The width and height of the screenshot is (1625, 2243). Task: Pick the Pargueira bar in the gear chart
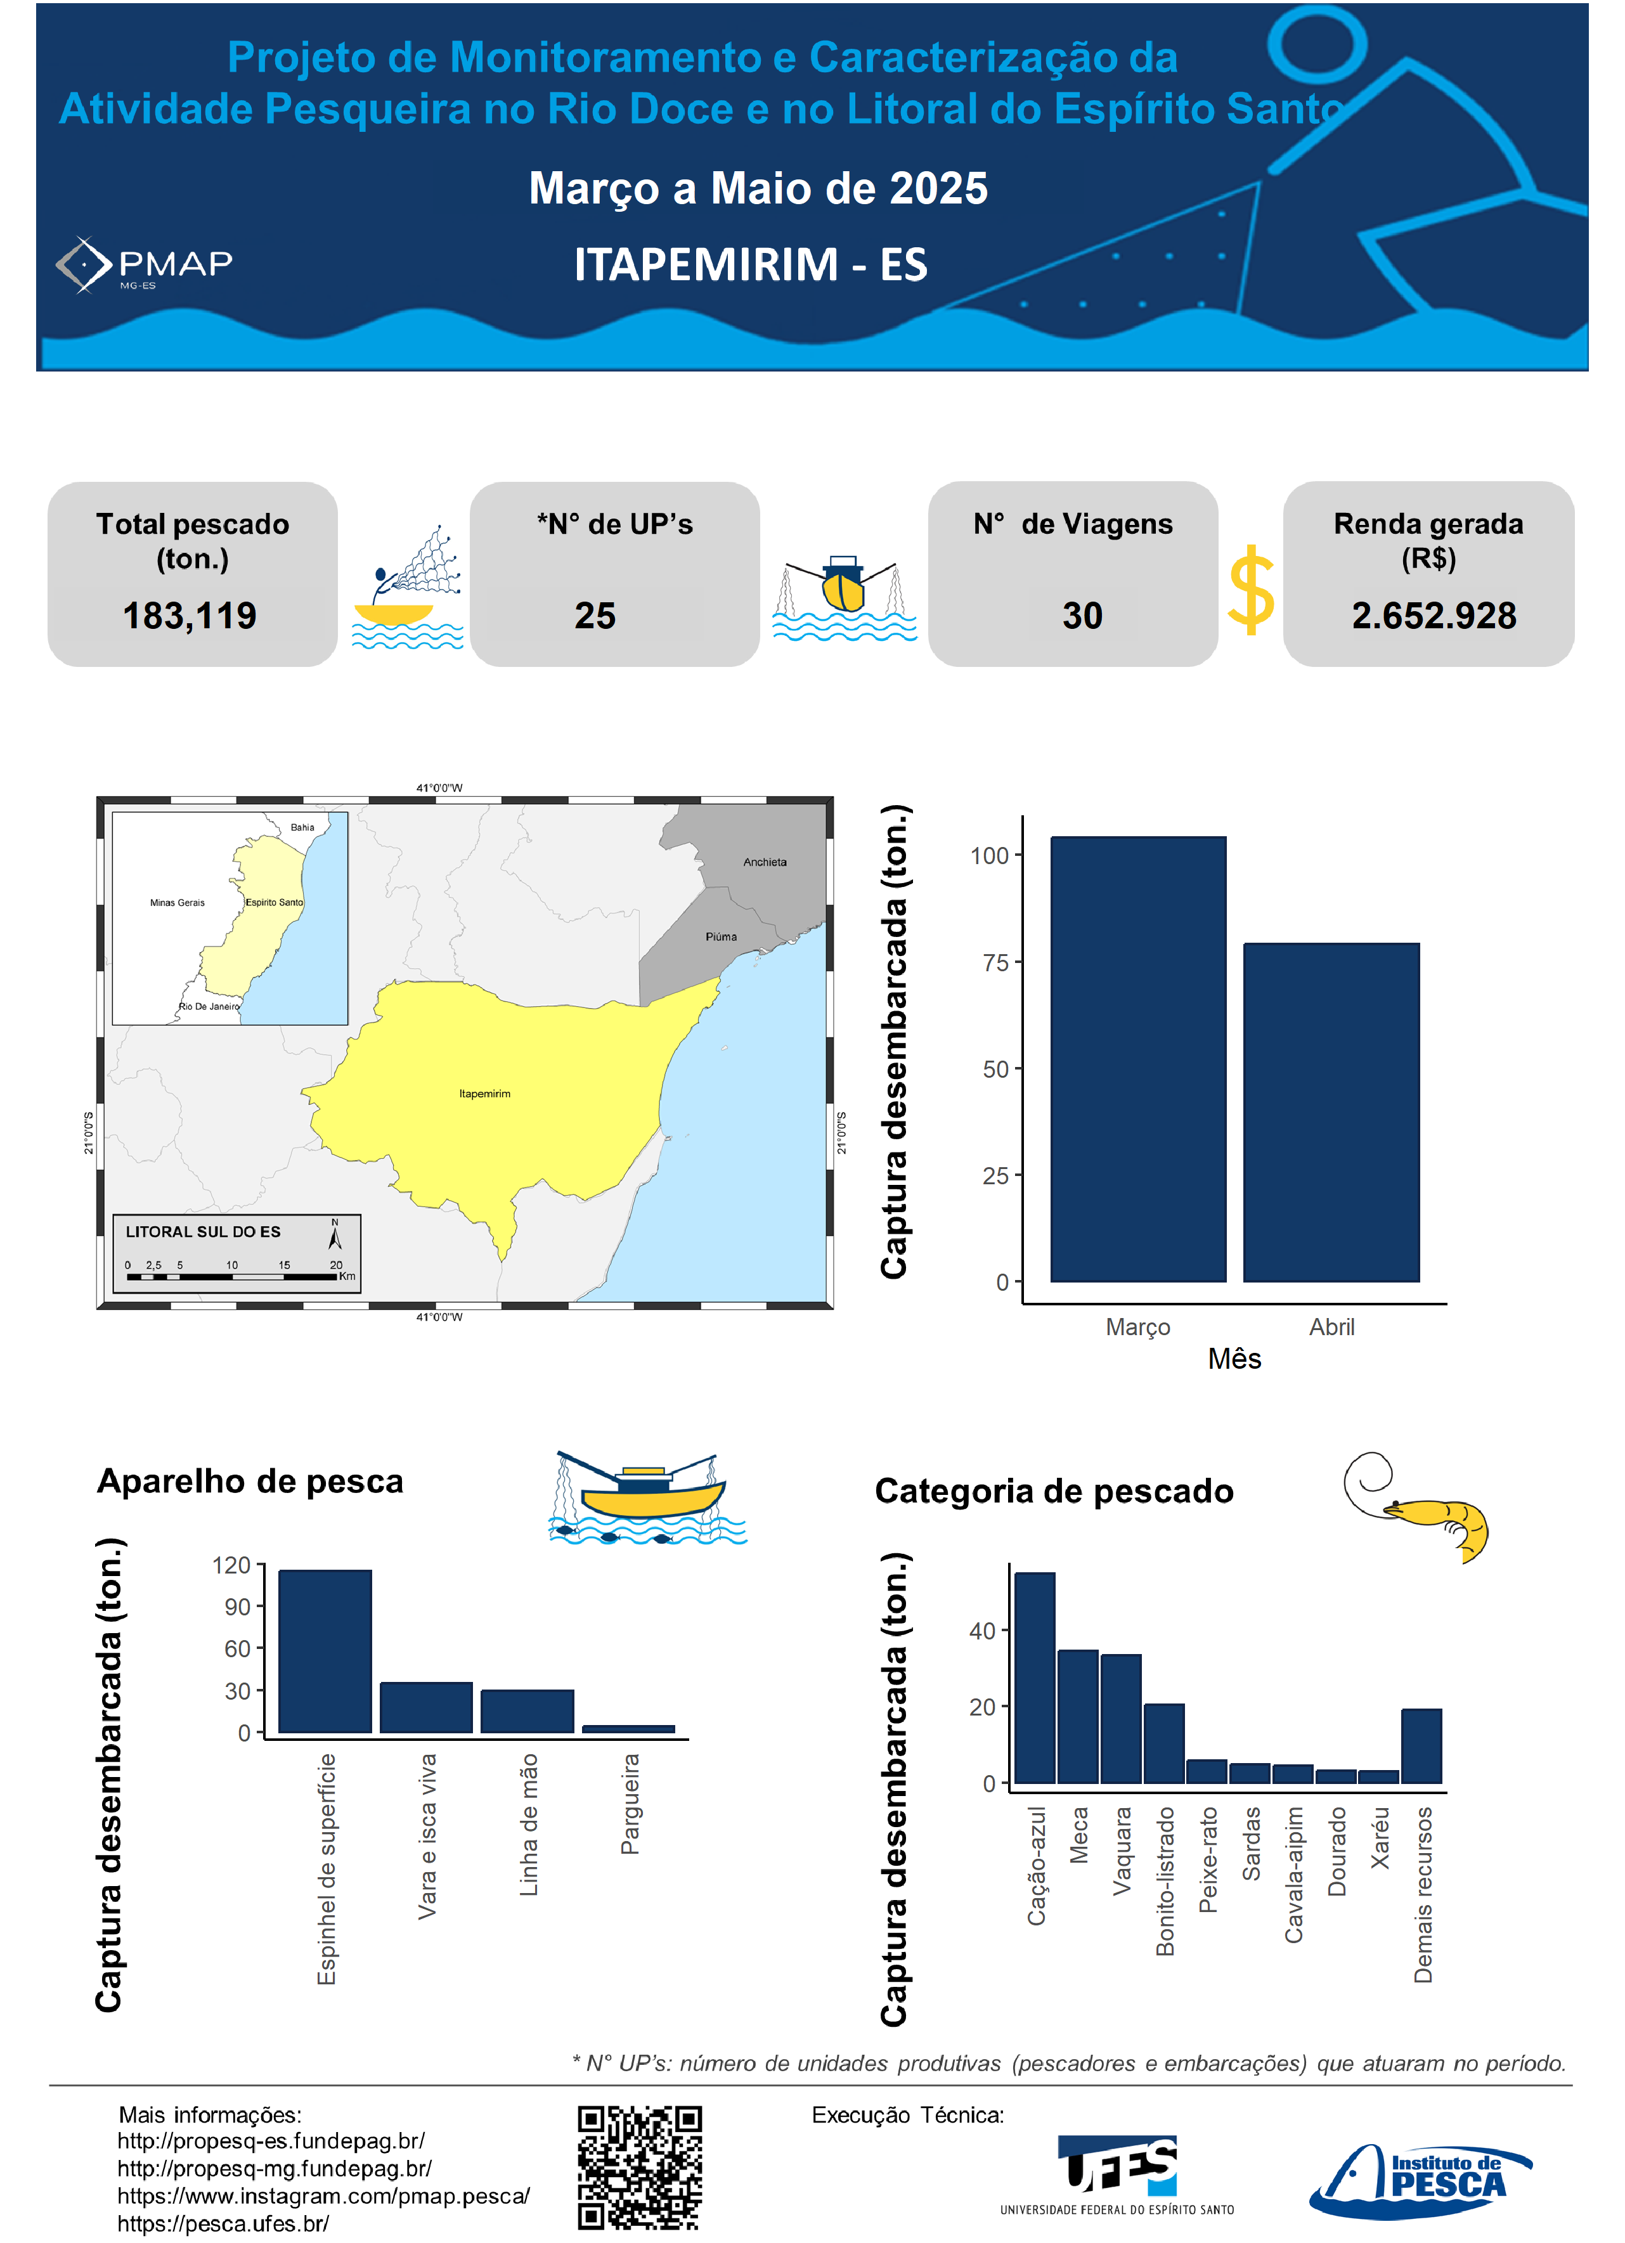pyautogui.click(x=628, y=1729)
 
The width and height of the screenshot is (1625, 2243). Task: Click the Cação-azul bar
pyautogui.click(x=1035, y=1677)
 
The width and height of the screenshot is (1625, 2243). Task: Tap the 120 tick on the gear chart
pyautogui.click(x=231, y=1565)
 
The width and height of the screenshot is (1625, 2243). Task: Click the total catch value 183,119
pyautogui.click(x=190, y=616)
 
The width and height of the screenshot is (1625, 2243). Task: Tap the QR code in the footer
pyautogui.click(x=640, y=2167)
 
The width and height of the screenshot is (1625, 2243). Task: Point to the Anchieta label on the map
pyautogui.click(x=765, y=862)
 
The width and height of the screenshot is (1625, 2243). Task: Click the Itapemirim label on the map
pyautogui.click(x=484, y=1094)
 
